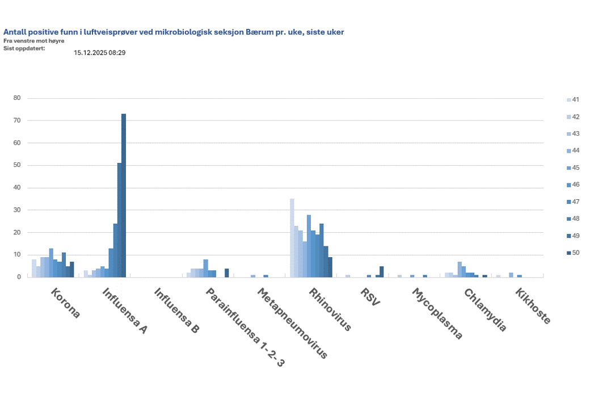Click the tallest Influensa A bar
coord(124,195)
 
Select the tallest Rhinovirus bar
coord(292,238)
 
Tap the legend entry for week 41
coord(574,100)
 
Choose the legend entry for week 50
coord(574,253)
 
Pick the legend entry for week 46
coord(574,185)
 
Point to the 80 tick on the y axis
coord(17,98)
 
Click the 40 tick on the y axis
coord(17,188)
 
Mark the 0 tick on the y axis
coord(19,277)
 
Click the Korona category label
coord(65,304)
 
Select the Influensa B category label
coord(176,310)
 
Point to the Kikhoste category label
coord(533,306)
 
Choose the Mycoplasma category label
coord(437,314)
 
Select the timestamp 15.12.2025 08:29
coord(99,53)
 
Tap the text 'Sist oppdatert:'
coord(24,48)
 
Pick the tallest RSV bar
coord(382,272)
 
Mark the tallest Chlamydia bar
coord(460,270)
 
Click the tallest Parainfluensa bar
coord(206,269)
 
